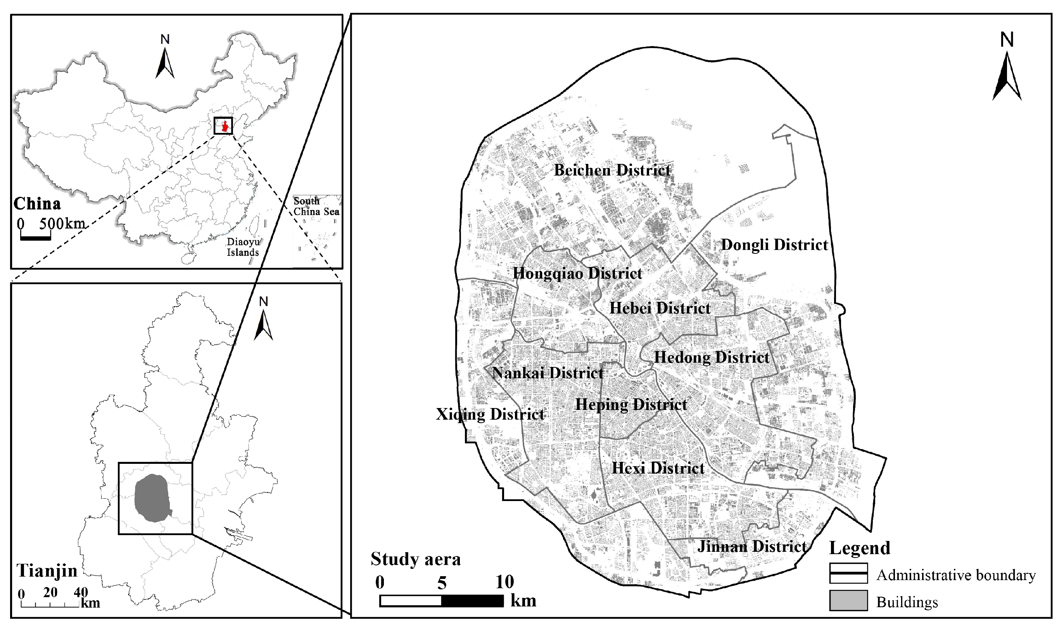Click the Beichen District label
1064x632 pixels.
click(612, 170)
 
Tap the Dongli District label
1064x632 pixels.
click(774, 245)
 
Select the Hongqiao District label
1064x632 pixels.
click(577, 274)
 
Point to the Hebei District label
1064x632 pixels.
click(660, 308)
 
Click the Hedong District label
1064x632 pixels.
click(712, 357)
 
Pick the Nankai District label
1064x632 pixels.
click(548, 373)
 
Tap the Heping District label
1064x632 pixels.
click(631, 405)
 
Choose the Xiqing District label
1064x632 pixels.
click(490, 414)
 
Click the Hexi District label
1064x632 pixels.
click(658, 468)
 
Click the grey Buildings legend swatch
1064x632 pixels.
click(848, 601)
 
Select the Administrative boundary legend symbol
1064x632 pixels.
click(848, 573)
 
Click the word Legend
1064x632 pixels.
click(860, 548)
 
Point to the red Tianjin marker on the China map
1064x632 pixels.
click(225, 126)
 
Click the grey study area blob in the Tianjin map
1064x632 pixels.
click(152, 498)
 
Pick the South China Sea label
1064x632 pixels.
click(316, 207)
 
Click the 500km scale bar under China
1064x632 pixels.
click(35, 238)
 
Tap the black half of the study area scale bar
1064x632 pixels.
click(472, 601)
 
